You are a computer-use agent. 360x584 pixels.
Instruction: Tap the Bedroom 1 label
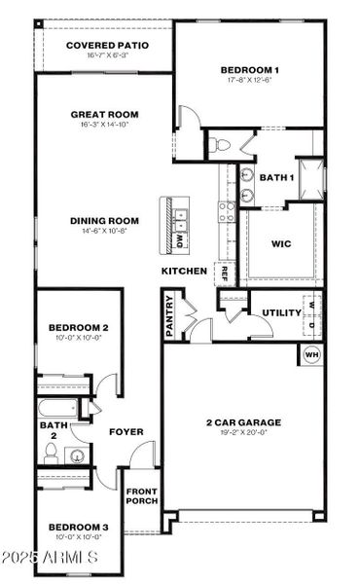250,70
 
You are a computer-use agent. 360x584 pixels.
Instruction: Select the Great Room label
104,115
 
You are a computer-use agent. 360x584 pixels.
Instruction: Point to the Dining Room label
103,221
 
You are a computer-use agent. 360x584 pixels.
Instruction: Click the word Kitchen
183,270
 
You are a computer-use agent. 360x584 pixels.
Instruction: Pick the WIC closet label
280,244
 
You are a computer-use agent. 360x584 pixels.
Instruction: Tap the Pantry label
171,315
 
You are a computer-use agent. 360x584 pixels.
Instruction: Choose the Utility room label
280,312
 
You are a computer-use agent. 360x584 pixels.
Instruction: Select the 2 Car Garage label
243,422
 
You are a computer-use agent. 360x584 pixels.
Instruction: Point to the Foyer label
126,431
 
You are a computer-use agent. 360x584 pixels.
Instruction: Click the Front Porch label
140,495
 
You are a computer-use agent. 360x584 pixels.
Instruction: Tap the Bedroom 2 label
78,328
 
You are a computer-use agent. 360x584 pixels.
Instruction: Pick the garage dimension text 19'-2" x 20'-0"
243,434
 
